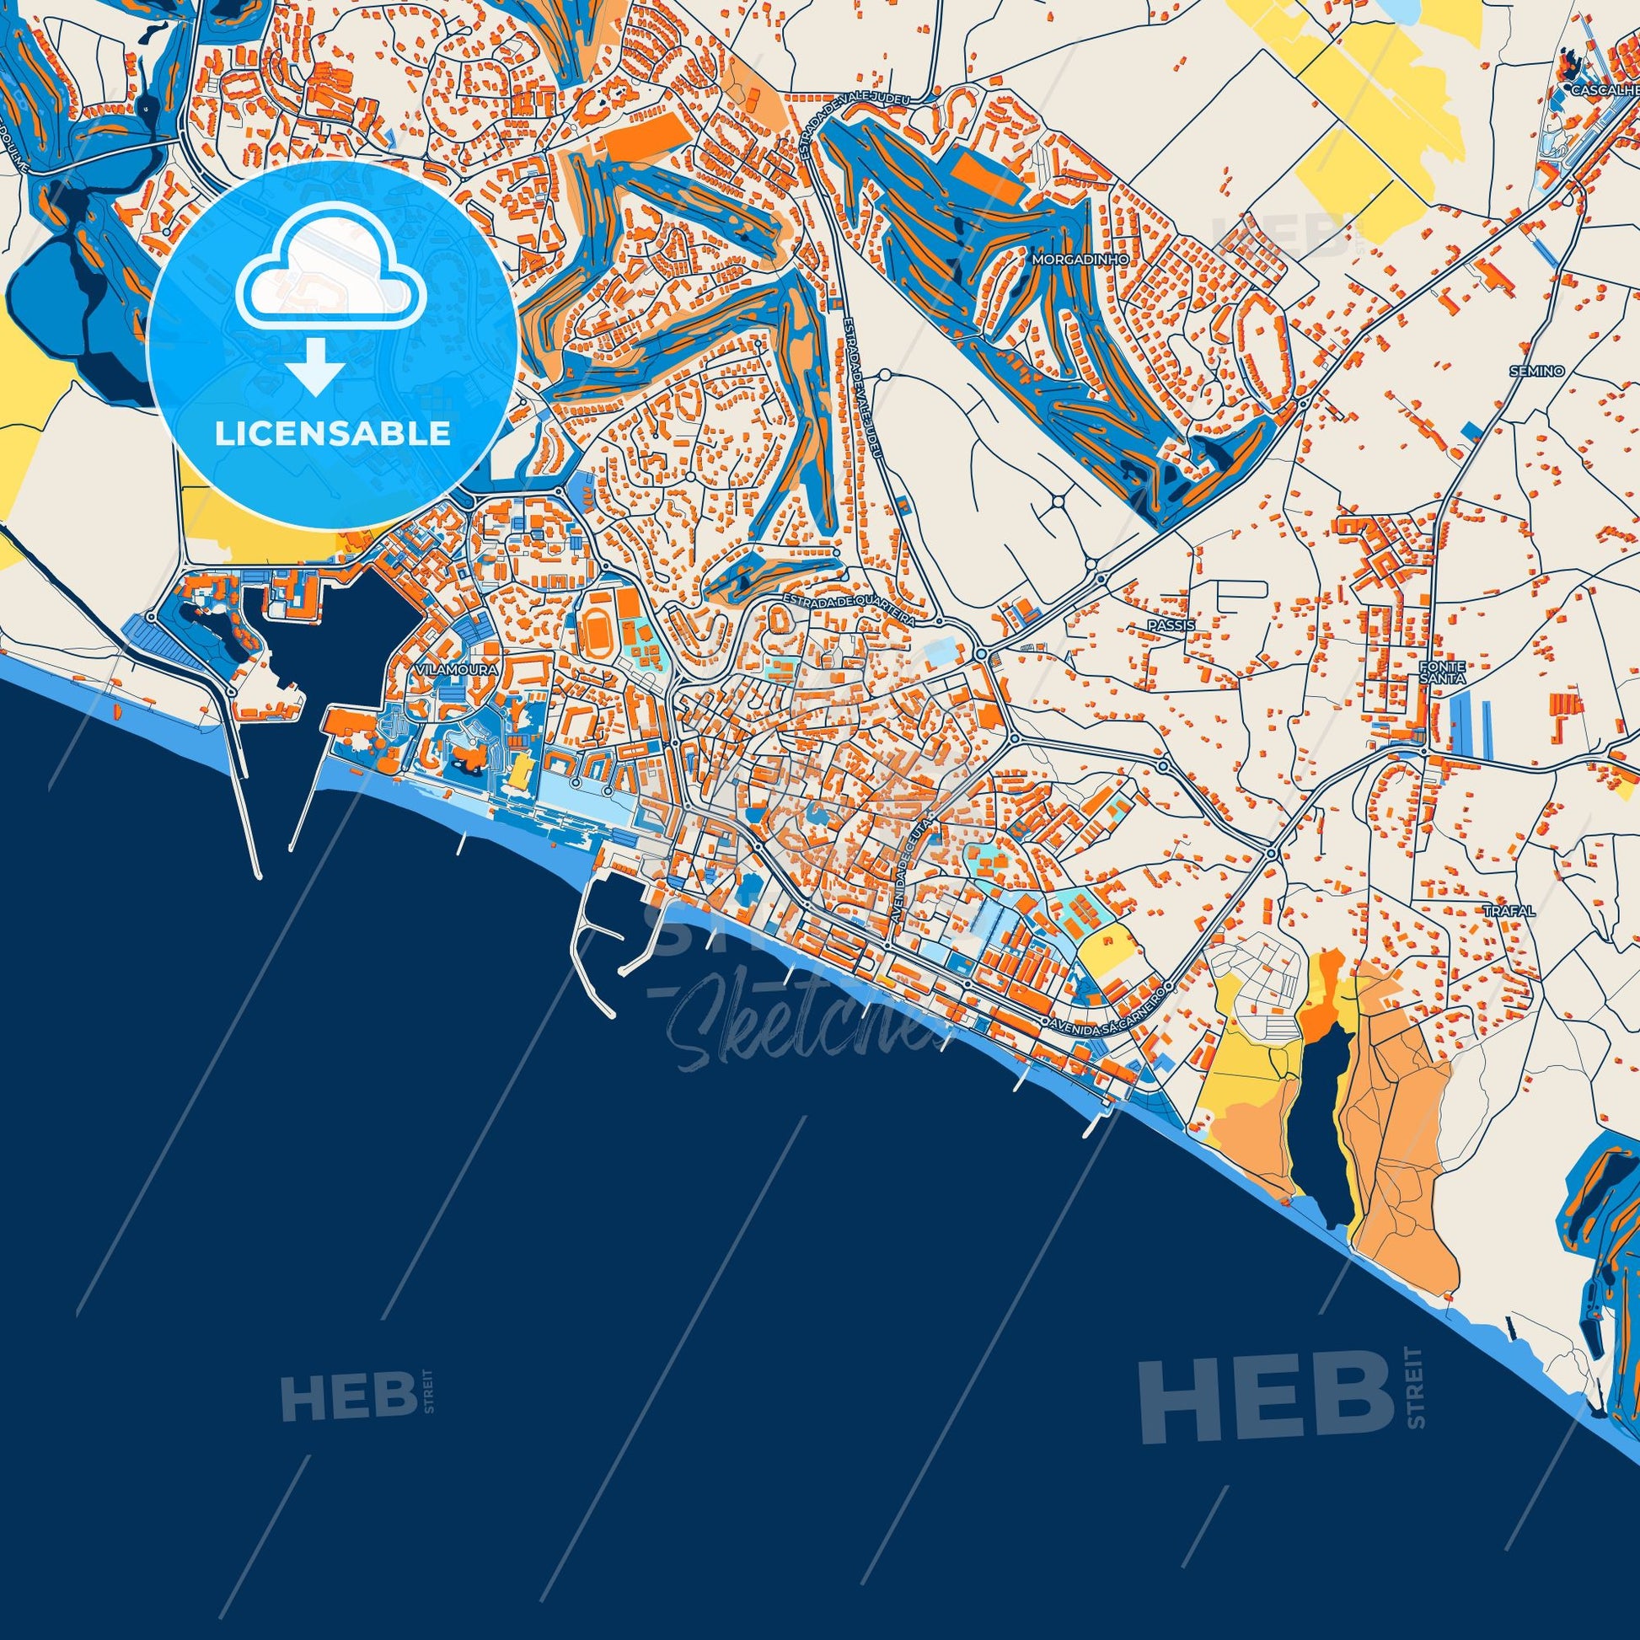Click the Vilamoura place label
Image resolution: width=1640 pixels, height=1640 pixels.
click(x=457, y=669)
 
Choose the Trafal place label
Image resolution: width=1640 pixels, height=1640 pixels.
click(x=1509, y=911)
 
